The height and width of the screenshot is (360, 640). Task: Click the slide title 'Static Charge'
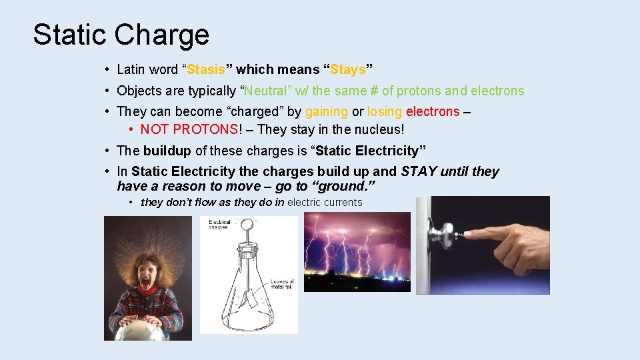point(121,35)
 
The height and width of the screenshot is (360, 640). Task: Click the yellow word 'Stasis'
point(206,69)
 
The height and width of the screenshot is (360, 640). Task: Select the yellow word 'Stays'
point(348,69)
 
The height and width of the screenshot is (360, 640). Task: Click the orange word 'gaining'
point(327,111)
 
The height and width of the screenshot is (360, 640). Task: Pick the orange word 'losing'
point(385,111)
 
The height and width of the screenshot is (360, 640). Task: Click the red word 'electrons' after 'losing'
point(433,111)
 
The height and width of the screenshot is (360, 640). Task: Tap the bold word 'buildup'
point(167,151)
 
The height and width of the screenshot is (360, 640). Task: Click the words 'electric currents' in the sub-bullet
point(325,202)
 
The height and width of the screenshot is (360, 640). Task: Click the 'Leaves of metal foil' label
point(282,285)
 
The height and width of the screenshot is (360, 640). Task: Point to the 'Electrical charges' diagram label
point(219,225)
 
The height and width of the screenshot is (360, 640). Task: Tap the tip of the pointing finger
point(466,235)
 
